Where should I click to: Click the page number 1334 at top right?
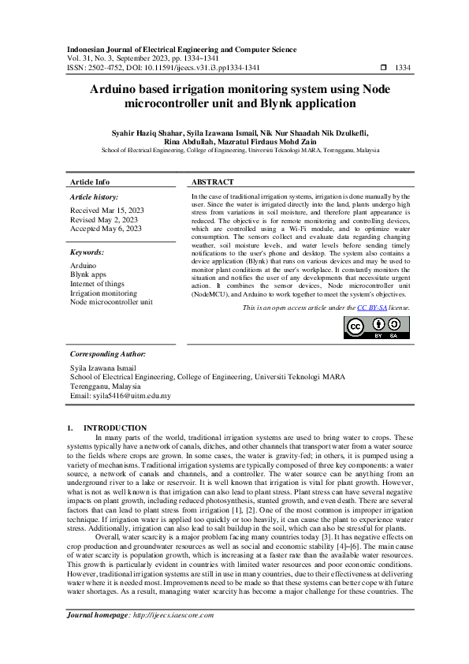(x=403, y=69)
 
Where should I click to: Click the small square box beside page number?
(x=383, y=69)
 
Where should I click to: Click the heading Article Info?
(x=90, y=181)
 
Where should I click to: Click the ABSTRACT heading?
(x=213, y=181)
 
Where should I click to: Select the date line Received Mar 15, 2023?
(x=107, y=210)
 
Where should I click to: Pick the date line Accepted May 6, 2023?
(x=106, y=229)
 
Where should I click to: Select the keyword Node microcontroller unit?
(x=111, y=301)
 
